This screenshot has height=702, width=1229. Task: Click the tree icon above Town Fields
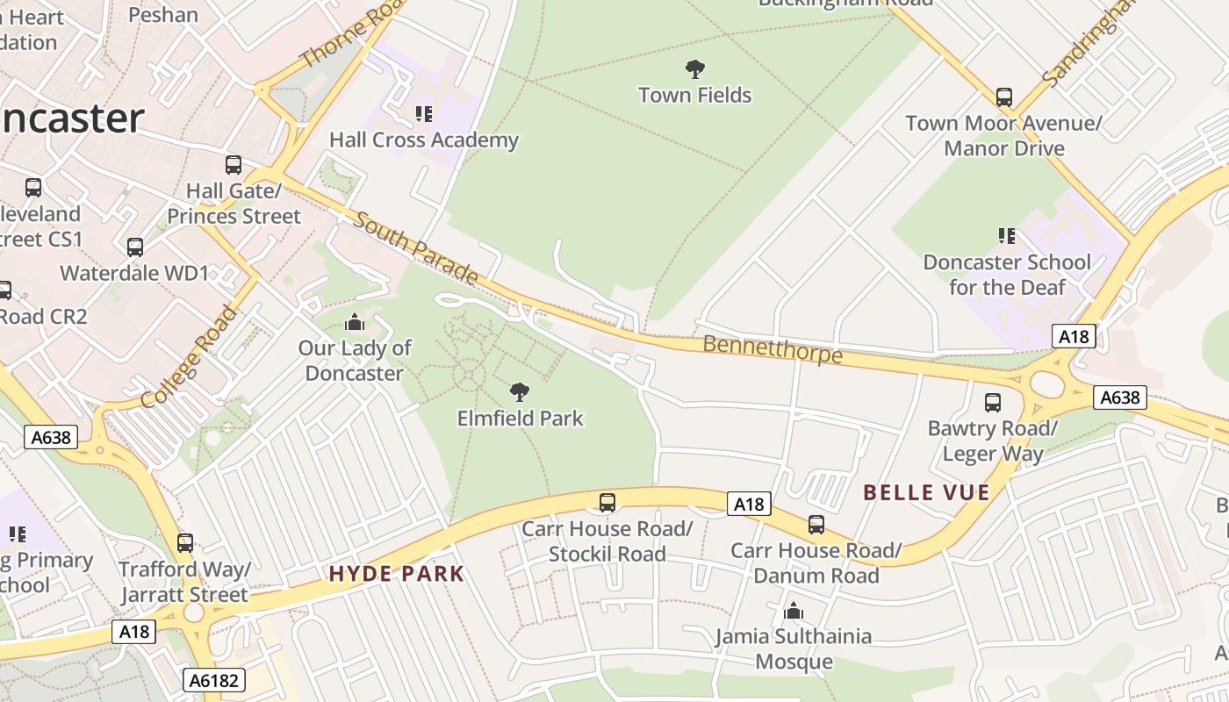695,68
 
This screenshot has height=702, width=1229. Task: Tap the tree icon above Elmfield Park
520,391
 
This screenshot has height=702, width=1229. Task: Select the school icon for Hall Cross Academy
424,113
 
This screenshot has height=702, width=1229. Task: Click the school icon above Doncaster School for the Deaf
1007,235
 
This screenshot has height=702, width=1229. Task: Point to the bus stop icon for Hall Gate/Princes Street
234,164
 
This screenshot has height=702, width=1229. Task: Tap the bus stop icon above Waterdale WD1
135,247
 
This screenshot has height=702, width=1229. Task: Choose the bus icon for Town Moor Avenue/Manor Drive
1004,97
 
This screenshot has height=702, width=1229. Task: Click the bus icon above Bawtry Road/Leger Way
993,402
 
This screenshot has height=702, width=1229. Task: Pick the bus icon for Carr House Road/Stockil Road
607,502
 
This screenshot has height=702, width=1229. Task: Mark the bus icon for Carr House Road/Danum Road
816,524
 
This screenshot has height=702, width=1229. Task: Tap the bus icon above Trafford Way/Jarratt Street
184,542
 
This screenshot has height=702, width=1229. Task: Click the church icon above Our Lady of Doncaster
355,322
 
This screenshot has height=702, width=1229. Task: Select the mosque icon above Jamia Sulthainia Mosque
794,611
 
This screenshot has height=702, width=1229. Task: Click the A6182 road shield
215,679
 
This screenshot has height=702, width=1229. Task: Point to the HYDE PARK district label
397,574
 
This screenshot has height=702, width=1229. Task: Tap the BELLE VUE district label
926,492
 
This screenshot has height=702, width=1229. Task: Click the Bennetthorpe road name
773,348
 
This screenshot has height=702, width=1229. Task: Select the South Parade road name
416,247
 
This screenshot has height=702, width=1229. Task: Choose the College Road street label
189,357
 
